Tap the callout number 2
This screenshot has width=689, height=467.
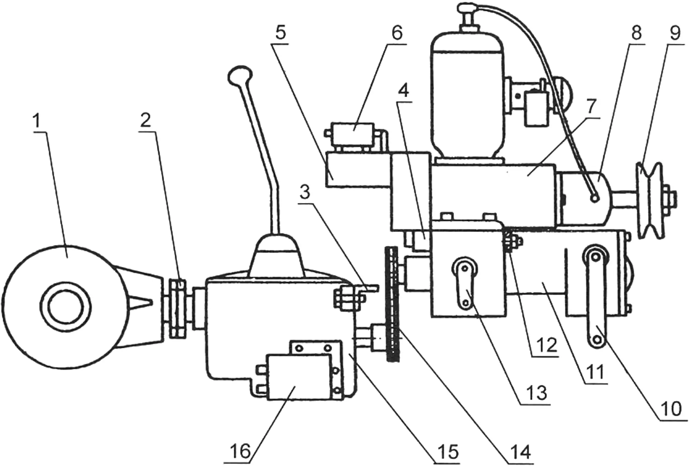(145, 120)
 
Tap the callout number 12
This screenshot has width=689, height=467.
(546, 344)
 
